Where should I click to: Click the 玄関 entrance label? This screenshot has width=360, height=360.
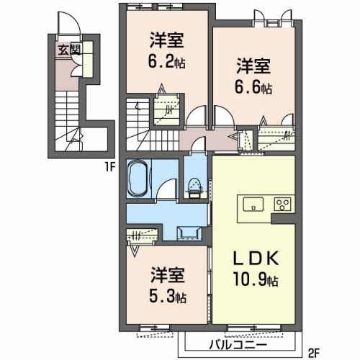[x=69, y=50]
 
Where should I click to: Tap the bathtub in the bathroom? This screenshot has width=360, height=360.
[x=138, y=178]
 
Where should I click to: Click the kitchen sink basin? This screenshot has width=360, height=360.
[x=253, y=204]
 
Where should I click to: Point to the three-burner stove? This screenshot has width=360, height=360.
[x=283, y=204]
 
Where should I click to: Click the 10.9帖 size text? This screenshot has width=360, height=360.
[x=256, y=279]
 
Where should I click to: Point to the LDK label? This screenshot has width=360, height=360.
[x=256, y=258]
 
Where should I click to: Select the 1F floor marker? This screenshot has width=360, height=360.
[x=110, y=167]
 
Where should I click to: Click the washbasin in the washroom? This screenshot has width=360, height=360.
[x=189, y=233]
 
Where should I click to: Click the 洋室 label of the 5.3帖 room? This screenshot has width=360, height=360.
[x=168, y=275]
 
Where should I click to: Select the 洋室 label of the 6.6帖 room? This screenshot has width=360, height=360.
[x=253, y=66]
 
